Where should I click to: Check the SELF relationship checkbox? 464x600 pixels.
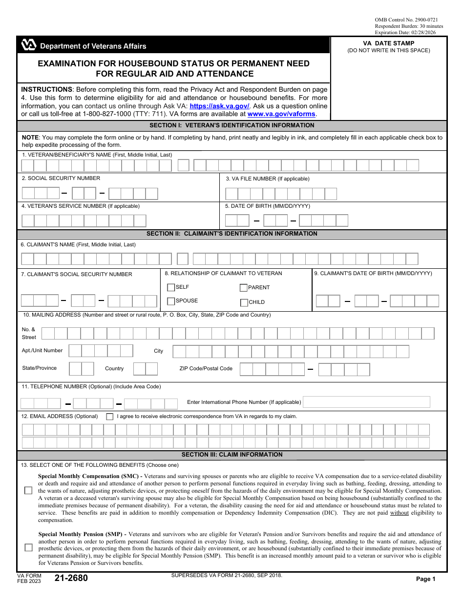(x=171, y=287)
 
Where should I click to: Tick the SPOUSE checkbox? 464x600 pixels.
(x=171, y=301)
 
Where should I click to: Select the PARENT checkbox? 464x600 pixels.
(x=244, y=288)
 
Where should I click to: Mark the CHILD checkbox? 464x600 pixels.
(x=244, y=302)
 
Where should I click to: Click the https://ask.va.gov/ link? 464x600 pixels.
(x=219, y=106)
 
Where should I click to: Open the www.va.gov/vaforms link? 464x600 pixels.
(x=282, y=114)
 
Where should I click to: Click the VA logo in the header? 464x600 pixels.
(x=29, y=46)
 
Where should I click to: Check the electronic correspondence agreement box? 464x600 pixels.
(x=109, y=417)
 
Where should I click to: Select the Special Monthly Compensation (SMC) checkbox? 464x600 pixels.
(x=28, y=490)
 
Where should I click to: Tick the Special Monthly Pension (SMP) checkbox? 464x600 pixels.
(x=28, y=547)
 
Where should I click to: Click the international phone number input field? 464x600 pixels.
(x=366, y=402)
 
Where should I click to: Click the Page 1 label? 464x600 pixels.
(x=425, y=579)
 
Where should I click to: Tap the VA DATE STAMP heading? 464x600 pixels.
(x=389, y=43)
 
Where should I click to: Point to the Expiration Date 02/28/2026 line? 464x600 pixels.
(x=405, y=33)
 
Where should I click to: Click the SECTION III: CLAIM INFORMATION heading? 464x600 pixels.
(x=232, y=455)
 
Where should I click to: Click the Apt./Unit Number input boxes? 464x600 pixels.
(x=101, y=351)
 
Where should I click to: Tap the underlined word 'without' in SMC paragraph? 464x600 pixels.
(x=399, y=513)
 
